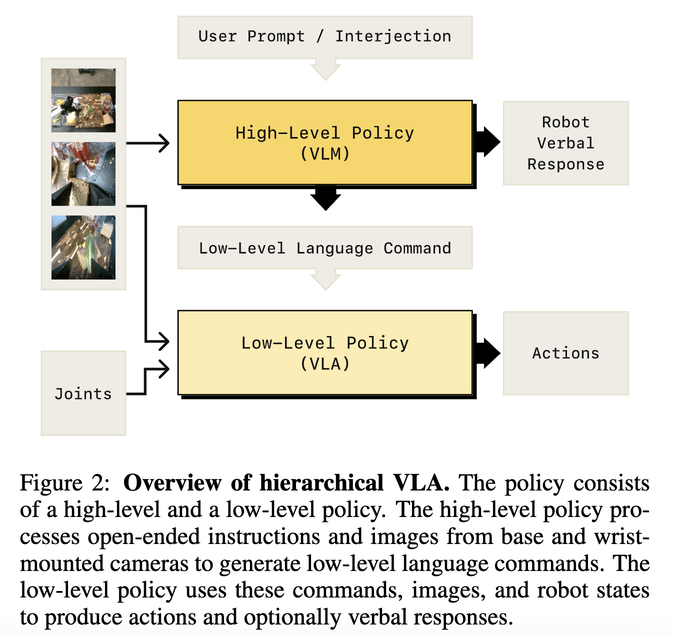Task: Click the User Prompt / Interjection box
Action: coord(325,37)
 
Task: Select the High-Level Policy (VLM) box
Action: coord(325,143)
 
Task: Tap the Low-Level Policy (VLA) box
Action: coord(325,353)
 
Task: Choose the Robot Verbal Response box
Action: coord(565,143)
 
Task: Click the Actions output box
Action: coord(565,353)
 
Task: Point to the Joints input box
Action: coord(83,393)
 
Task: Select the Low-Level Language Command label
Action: coord(325,248)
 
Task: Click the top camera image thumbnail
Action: coord(83,100)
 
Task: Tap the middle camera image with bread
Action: coord(83,174)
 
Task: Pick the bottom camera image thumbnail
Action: coord(83,247)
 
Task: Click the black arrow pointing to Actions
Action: coord(487,353)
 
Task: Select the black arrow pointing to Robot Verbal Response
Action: coord(487,142)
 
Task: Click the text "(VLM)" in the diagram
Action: coord(325,153)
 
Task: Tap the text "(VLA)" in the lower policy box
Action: coord(325,363)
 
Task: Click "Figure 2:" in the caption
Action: coord(64,483)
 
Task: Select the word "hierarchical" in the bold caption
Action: coord(321,483)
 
